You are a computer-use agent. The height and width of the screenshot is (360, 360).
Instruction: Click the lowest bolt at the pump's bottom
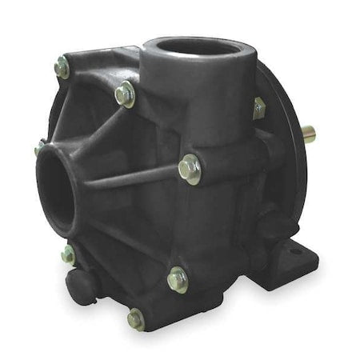click(x=136, y=318)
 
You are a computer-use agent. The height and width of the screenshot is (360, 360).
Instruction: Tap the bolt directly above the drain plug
click(x=68, y=254)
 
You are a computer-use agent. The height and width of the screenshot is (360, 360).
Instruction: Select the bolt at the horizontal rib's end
click(x=190, y=169)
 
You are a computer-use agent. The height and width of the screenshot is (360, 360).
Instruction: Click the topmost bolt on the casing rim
click(x=62, y=70)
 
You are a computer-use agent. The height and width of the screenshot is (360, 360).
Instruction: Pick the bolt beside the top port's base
click(x=125, y=95)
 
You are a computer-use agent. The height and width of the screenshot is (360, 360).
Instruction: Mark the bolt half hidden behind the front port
click(x=40, y=147)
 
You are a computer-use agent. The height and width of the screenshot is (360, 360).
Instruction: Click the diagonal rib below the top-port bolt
click(x=112, y=128)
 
